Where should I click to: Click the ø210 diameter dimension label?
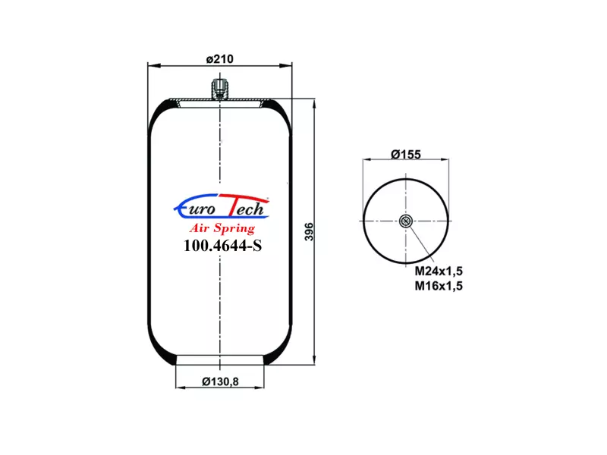(220, 59)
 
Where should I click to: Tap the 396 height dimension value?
(310, 232)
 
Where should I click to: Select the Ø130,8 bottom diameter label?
(220, 381)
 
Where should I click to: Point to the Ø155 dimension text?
(406, 155)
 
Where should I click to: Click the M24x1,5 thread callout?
(439, 271)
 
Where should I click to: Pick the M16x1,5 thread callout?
(439, 286)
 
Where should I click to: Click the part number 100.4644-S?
(222, 245)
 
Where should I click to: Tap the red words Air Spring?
(222, 228)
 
